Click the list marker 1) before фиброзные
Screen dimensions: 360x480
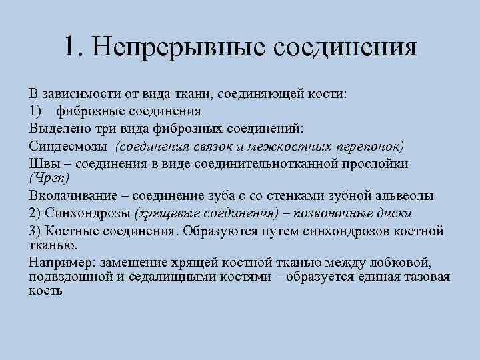36,111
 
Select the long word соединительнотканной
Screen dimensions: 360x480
288,164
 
